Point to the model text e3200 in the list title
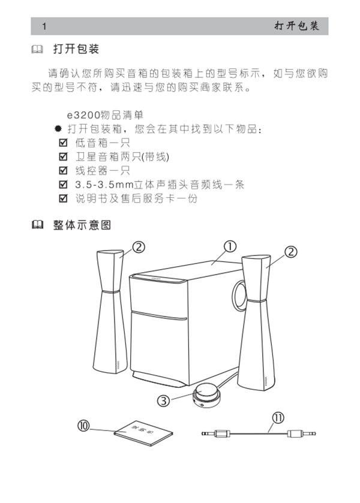81,115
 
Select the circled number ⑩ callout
84,425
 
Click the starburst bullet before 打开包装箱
58,129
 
